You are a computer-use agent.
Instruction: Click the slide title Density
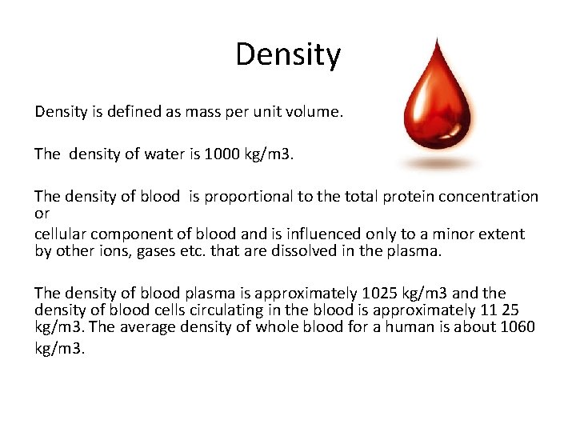[x=288, y=54]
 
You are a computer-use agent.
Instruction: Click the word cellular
[x=62, y=234]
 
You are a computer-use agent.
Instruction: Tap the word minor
[x=433, y=234]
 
